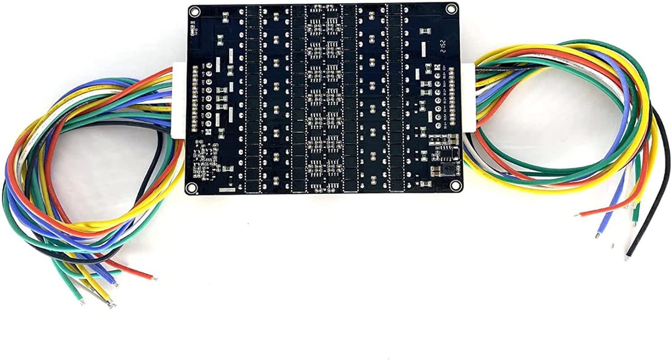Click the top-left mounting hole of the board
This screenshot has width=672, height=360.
coord(194,11)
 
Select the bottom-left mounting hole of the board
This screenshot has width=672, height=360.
coord(191,187)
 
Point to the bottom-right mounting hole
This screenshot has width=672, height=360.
coord(455,185)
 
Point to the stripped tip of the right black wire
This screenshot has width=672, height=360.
coord(628,257)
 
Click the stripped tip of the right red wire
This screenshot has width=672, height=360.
coord(578,215)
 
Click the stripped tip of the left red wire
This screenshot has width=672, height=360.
coord(154,278)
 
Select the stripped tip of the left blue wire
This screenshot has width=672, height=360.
coord(116,284)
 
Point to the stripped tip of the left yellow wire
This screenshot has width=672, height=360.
coord(110,304)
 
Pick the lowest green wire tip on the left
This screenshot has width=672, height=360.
coord(82,302)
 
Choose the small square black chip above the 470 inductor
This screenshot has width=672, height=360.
coord(452,154)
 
